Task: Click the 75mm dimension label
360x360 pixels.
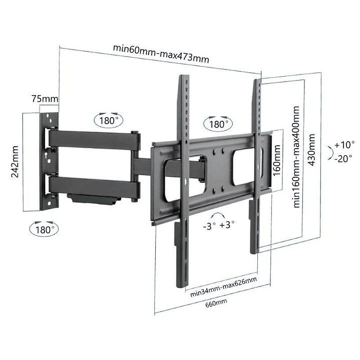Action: tap(45, 99)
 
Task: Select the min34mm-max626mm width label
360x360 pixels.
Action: tap(224, 287)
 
